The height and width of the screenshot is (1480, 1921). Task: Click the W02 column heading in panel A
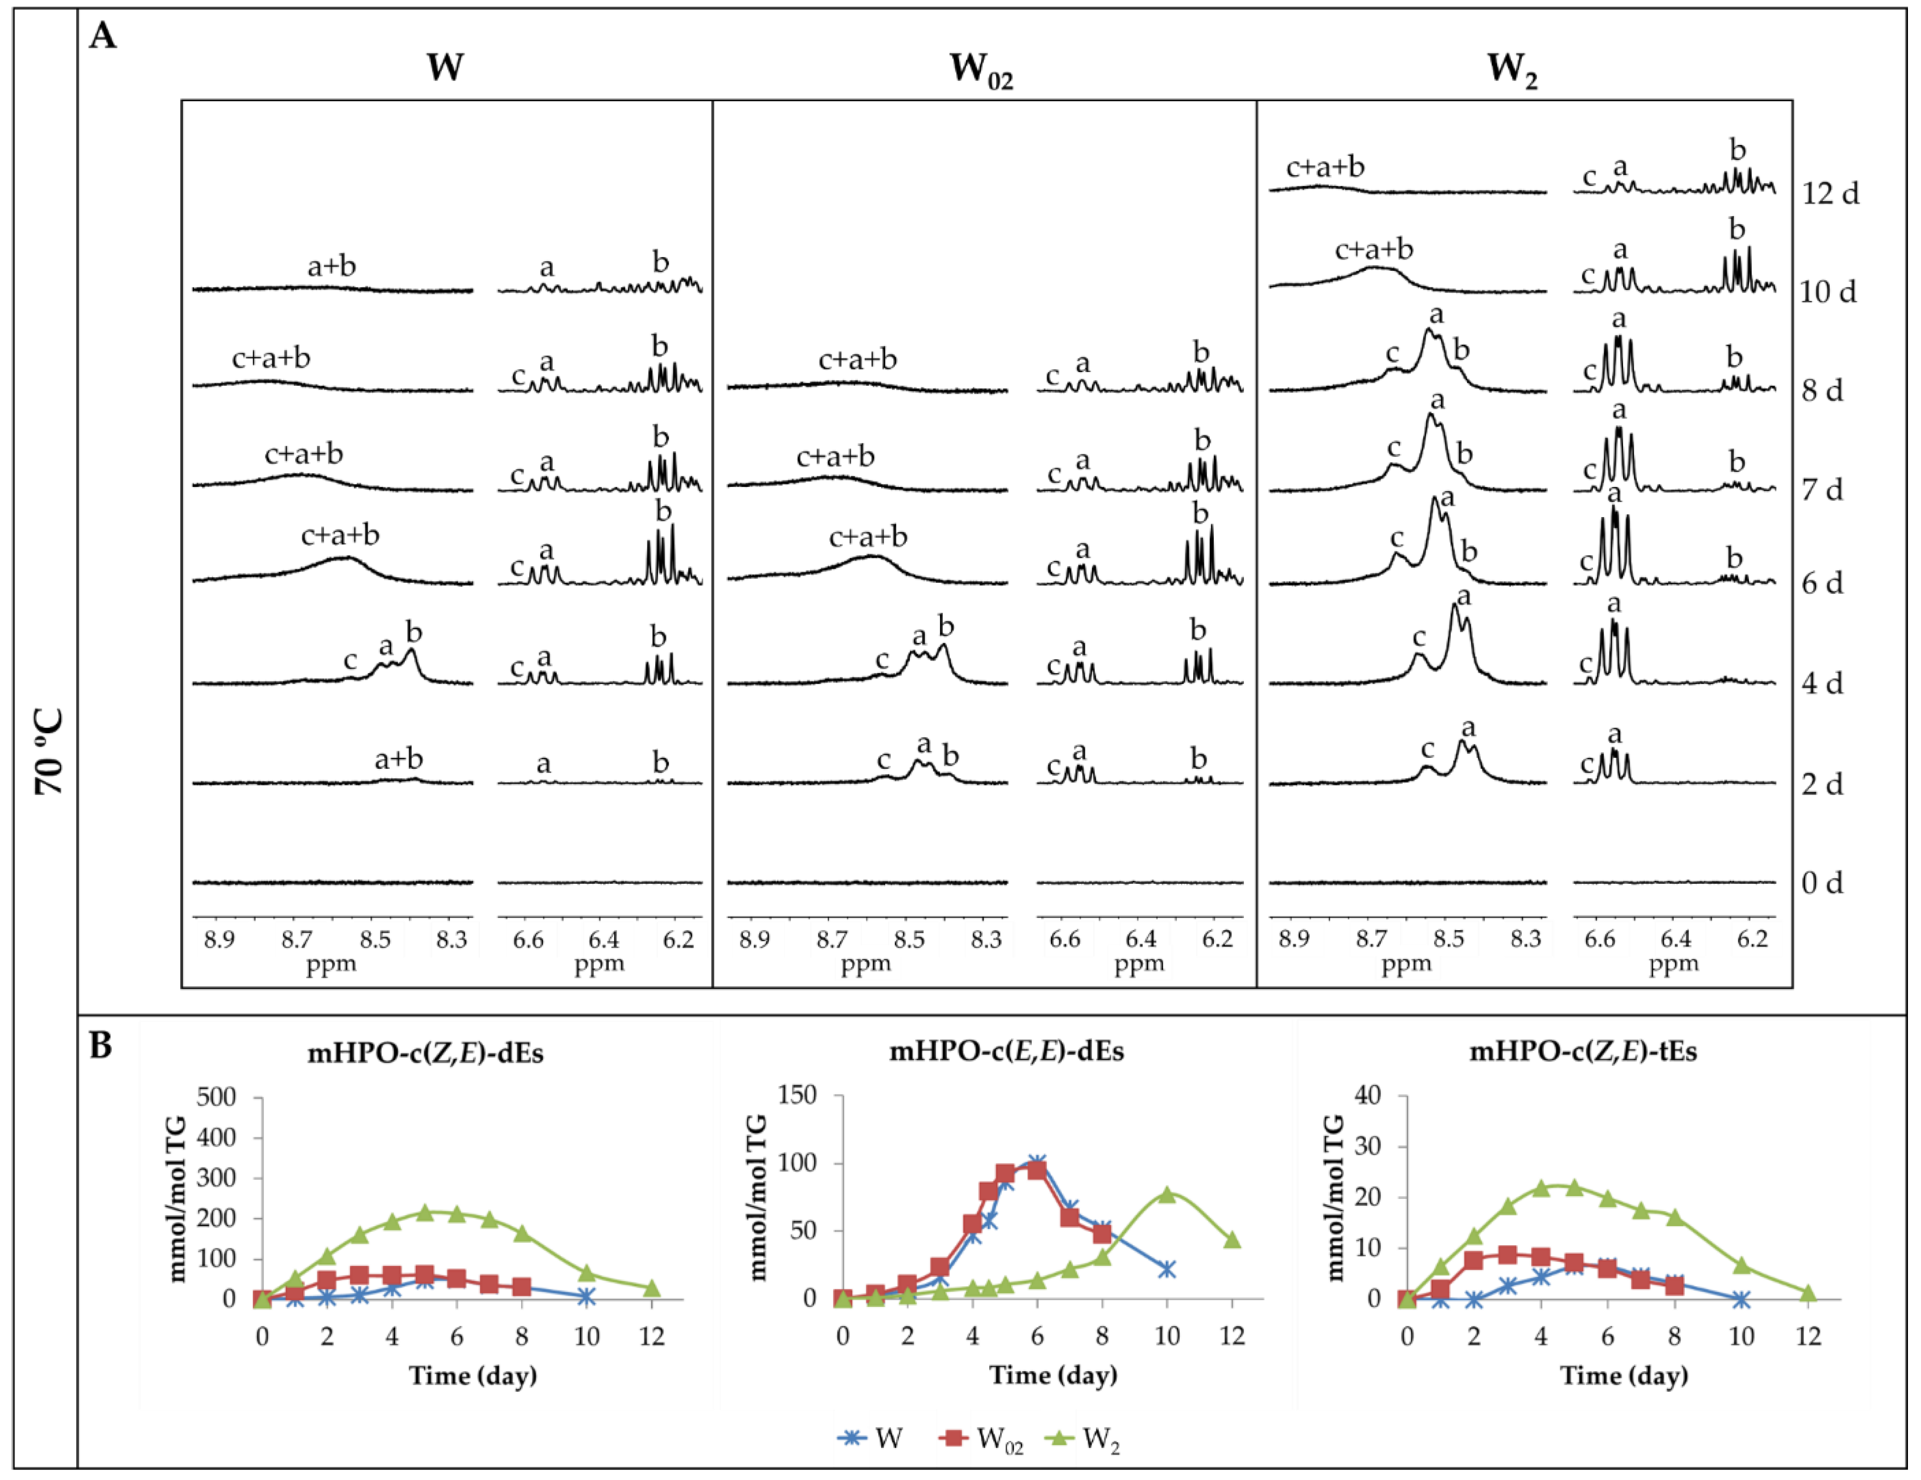[981, 70]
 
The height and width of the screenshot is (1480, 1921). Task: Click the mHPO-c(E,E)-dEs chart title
[1006, 1052]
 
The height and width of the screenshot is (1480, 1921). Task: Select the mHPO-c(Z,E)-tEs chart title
[1583, 1052]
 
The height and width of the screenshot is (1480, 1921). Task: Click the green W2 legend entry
[1086, 1439]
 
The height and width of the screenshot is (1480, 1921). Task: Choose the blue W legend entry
[871, 1439]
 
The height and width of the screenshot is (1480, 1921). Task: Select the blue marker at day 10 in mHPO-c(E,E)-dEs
[1167, 1269]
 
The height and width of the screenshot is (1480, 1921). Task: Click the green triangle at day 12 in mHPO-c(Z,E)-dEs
[652, 1288]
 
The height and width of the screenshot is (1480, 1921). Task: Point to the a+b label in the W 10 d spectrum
[332, 266]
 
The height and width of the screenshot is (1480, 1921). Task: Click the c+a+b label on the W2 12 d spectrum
[1325, 167]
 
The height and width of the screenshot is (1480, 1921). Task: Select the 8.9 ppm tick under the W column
[219, 940]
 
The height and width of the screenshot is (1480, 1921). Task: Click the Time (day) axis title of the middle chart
[1053, 1375]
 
